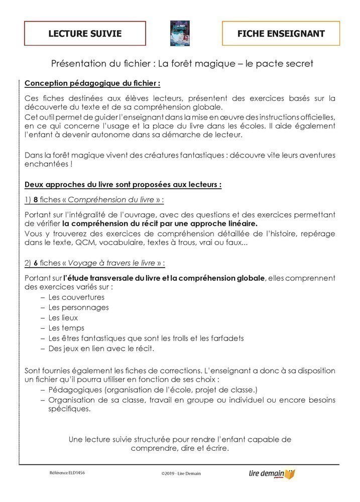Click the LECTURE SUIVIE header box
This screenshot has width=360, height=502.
(x=85, y=34)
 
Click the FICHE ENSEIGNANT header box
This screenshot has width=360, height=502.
(x=281, y=34)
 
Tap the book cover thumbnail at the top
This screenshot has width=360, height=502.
(x=180, y=34)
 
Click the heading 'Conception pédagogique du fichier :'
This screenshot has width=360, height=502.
(x=93, y=82)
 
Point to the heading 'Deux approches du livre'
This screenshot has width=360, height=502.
(x=123, y=184)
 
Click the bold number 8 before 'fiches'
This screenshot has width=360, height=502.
(x=36, y=199)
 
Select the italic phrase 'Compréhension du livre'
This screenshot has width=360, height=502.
(x=111, y=199)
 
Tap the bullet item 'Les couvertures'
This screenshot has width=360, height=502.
(x=76, y=297)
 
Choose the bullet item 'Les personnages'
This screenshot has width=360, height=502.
(x=78, y=307)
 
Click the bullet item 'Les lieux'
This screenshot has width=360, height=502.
(x=63, y=318)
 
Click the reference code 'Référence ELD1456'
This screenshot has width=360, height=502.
(x=67, y=473)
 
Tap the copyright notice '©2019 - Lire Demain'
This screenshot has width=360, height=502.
(x=181, y=473)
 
